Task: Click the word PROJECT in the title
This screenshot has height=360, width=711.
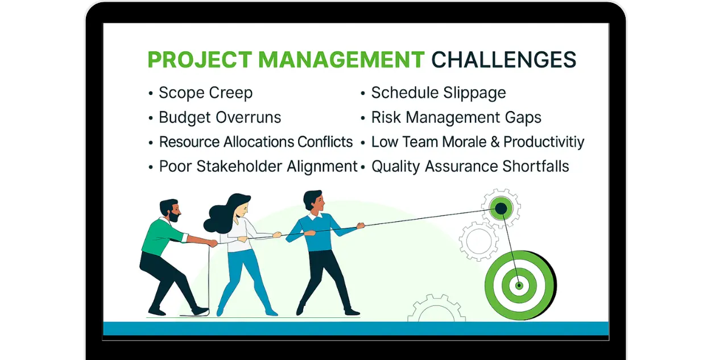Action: click(x=200, y=60)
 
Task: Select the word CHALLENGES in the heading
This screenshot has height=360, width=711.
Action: click(x=504, y=60)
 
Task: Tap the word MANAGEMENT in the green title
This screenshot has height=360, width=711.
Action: click(x=341, y=60)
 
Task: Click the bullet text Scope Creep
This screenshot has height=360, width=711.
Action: click(x=206, y=93)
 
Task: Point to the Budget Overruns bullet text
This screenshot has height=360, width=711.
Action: click(x=220, y=118)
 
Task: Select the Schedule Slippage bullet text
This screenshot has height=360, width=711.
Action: click(x=439, y=93)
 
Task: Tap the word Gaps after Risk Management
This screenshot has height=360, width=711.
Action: click(x=523, y=118)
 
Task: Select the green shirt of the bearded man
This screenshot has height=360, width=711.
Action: click(x=161, y=237)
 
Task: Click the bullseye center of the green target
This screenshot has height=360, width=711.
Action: click(x=519, y=285)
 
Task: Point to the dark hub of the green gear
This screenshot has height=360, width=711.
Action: click(x=501, y=209)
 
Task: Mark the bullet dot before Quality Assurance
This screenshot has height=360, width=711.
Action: click(x=363, y=167)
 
